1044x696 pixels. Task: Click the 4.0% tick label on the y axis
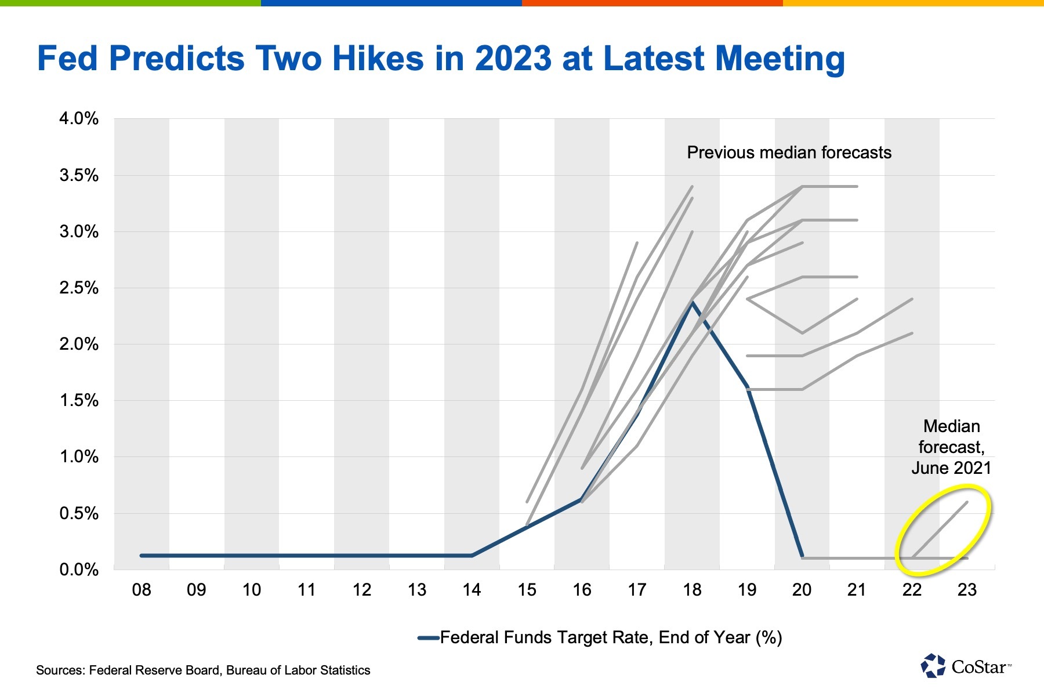pos(79,119)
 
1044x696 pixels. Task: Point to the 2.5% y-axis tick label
pos(79,288)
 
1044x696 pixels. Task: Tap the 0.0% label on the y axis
pos(79,570)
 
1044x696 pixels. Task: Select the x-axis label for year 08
pos(142,590)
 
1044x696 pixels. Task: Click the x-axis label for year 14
pos(472,590)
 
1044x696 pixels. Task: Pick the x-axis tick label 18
pos(692,590)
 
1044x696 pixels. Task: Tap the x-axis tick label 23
pos(967,590)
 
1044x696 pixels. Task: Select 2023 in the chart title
pos(513,59)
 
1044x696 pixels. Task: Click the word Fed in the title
pos(68,59)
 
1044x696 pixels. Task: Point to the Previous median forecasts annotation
pos(789,153)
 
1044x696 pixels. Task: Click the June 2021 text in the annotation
pos(951,468)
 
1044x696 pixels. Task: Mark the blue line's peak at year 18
pos(692,302)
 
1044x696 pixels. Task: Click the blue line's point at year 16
pos(582,499)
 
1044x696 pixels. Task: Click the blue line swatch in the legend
pos(428,638)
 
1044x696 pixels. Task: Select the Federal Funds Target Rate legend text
pos(611,637)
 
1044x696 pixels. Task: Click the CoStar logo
pos(965,666)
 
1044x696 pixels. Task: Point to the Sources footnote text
pos(203,670)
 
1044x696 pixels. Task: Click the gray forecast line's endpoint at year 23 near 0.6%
pos(967,502)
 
